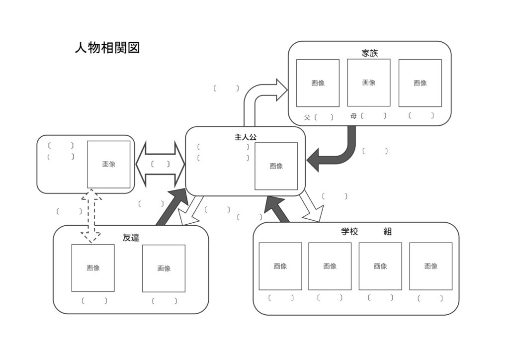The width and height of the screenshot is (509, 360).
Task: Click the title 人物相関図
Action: [x=107, y=48]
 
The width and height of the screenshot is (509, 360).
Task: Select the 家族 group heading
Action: [x=369, y=53]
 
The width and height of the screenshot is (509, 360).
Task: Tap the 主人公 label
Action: [x=245, y=137]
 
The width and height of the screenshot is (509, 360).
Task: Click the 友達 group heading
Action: [x=131, y=238]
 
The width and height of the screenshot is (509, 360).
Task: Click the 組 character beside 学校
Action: [x=387, y=232]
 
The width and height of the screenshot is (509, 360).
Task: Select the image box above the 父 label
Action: [x=318, y=83]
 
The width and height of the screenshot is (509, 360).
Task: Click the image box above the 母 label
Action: [x=368, y=83]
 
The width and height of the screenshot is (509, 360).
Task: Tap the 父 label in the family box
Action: [x=307, y=118]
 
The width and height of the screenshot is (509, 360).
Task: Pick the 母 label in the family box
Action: [x=353, y=116]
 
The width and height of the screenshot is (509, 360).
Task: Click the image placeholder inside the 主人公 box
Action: [x=276, y=166]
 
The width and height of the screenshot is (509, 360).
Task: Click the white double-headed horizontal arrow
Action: [x=160, y=164]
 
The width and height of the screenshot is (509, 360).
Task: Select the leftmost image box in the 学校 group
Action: [x=280, y=266]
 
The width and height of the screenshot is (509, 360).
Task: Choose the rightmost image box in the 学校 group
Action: [x=430, y=266]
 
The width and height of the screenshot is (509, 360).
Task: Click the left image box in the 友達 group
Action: [x=93, y=268]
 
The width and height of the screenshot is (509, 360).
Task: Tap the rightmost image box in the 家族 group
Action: [x=420, y=83]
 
